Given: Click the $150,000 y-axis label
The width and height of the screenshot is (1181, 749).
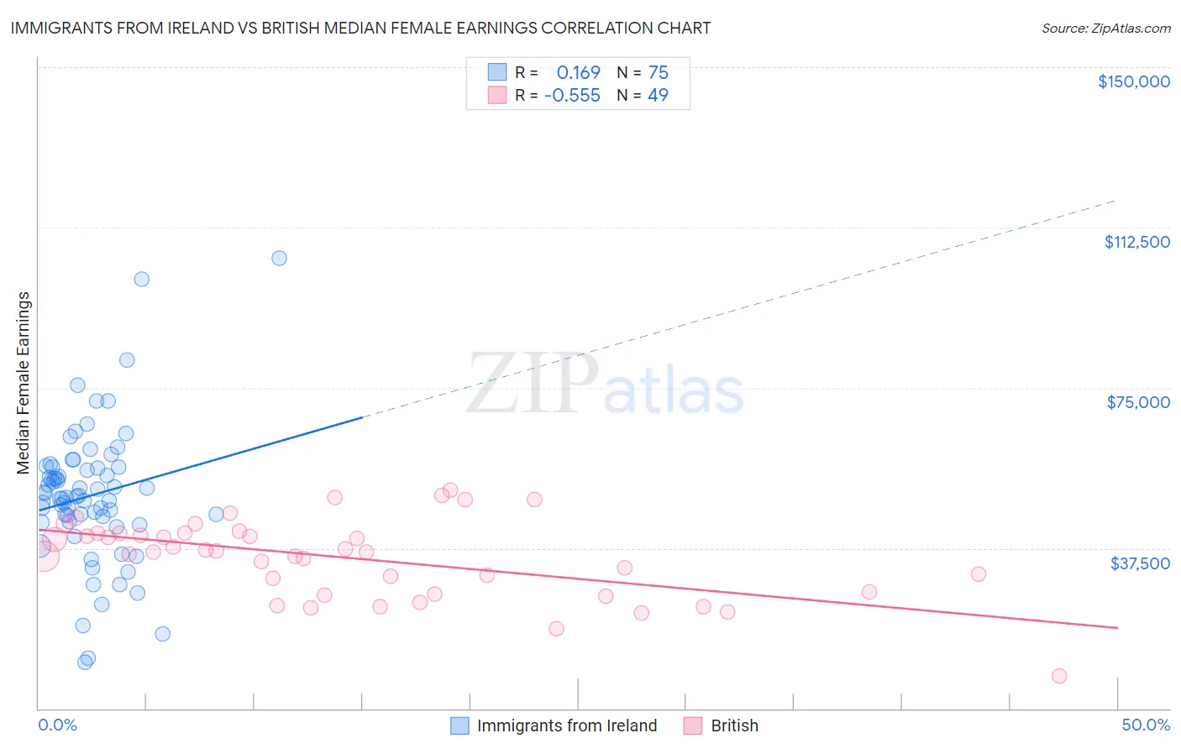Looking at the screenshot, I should tap(1133, 81).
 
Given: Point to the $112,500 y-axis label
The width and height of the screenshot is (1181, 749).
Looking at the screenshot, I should tap(1136, 242).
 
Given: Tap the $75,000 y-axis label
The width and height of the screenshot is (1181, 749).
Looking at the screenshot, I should tap(1138, 402).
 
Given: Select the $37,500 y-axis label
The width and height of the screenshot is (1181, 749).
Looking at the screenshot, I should tap(1140, 563).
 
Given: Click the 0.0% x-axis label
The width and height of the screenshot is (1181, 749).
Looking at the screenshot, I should tap(57, 725).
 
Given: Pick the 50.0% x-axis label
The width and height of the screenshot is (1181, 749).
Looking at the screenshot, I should tap(1146, 725).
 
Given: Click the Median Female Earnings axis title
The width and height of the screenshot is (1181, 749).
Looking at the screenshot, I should tap(24, 383).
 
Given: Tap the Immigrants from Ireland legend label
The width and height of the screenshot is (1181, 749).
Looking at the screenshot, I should tap(567, 725).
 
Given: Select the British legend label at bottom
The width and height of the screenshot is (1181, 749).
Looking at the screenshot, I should tap(734, 725).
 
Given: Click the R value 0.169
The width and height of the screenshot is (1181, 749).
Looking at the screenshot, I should tap(578, 72).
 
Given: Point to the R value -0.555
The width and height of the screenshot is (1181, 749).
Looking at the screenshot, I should tap(572, 96).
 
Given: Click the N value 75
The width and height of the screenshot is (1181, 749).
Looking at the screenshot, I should tap(659, 72).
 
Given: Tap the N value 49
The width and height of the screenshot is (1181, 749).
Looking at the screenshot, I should tap(659, 96).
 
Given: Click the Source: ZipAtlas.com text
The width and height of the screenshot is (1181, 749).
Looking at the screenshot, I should tap(1105, 29).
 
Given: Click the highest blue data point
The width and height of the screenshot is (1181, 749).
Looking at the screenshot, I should tap(279, 258).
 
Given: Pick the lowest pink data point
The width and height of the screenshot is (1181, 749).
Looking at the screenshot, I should tap(1059, 676).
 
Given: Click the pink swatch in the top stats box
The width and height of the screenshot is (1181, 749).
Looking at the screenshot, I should tap(497, 95).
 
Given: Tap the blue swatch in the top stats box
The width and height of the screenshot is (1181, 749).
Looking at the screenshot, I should tap(497, 72).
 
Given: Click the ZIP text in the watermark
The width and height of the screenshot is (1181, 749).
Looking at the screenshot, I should tap(533, 384).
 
